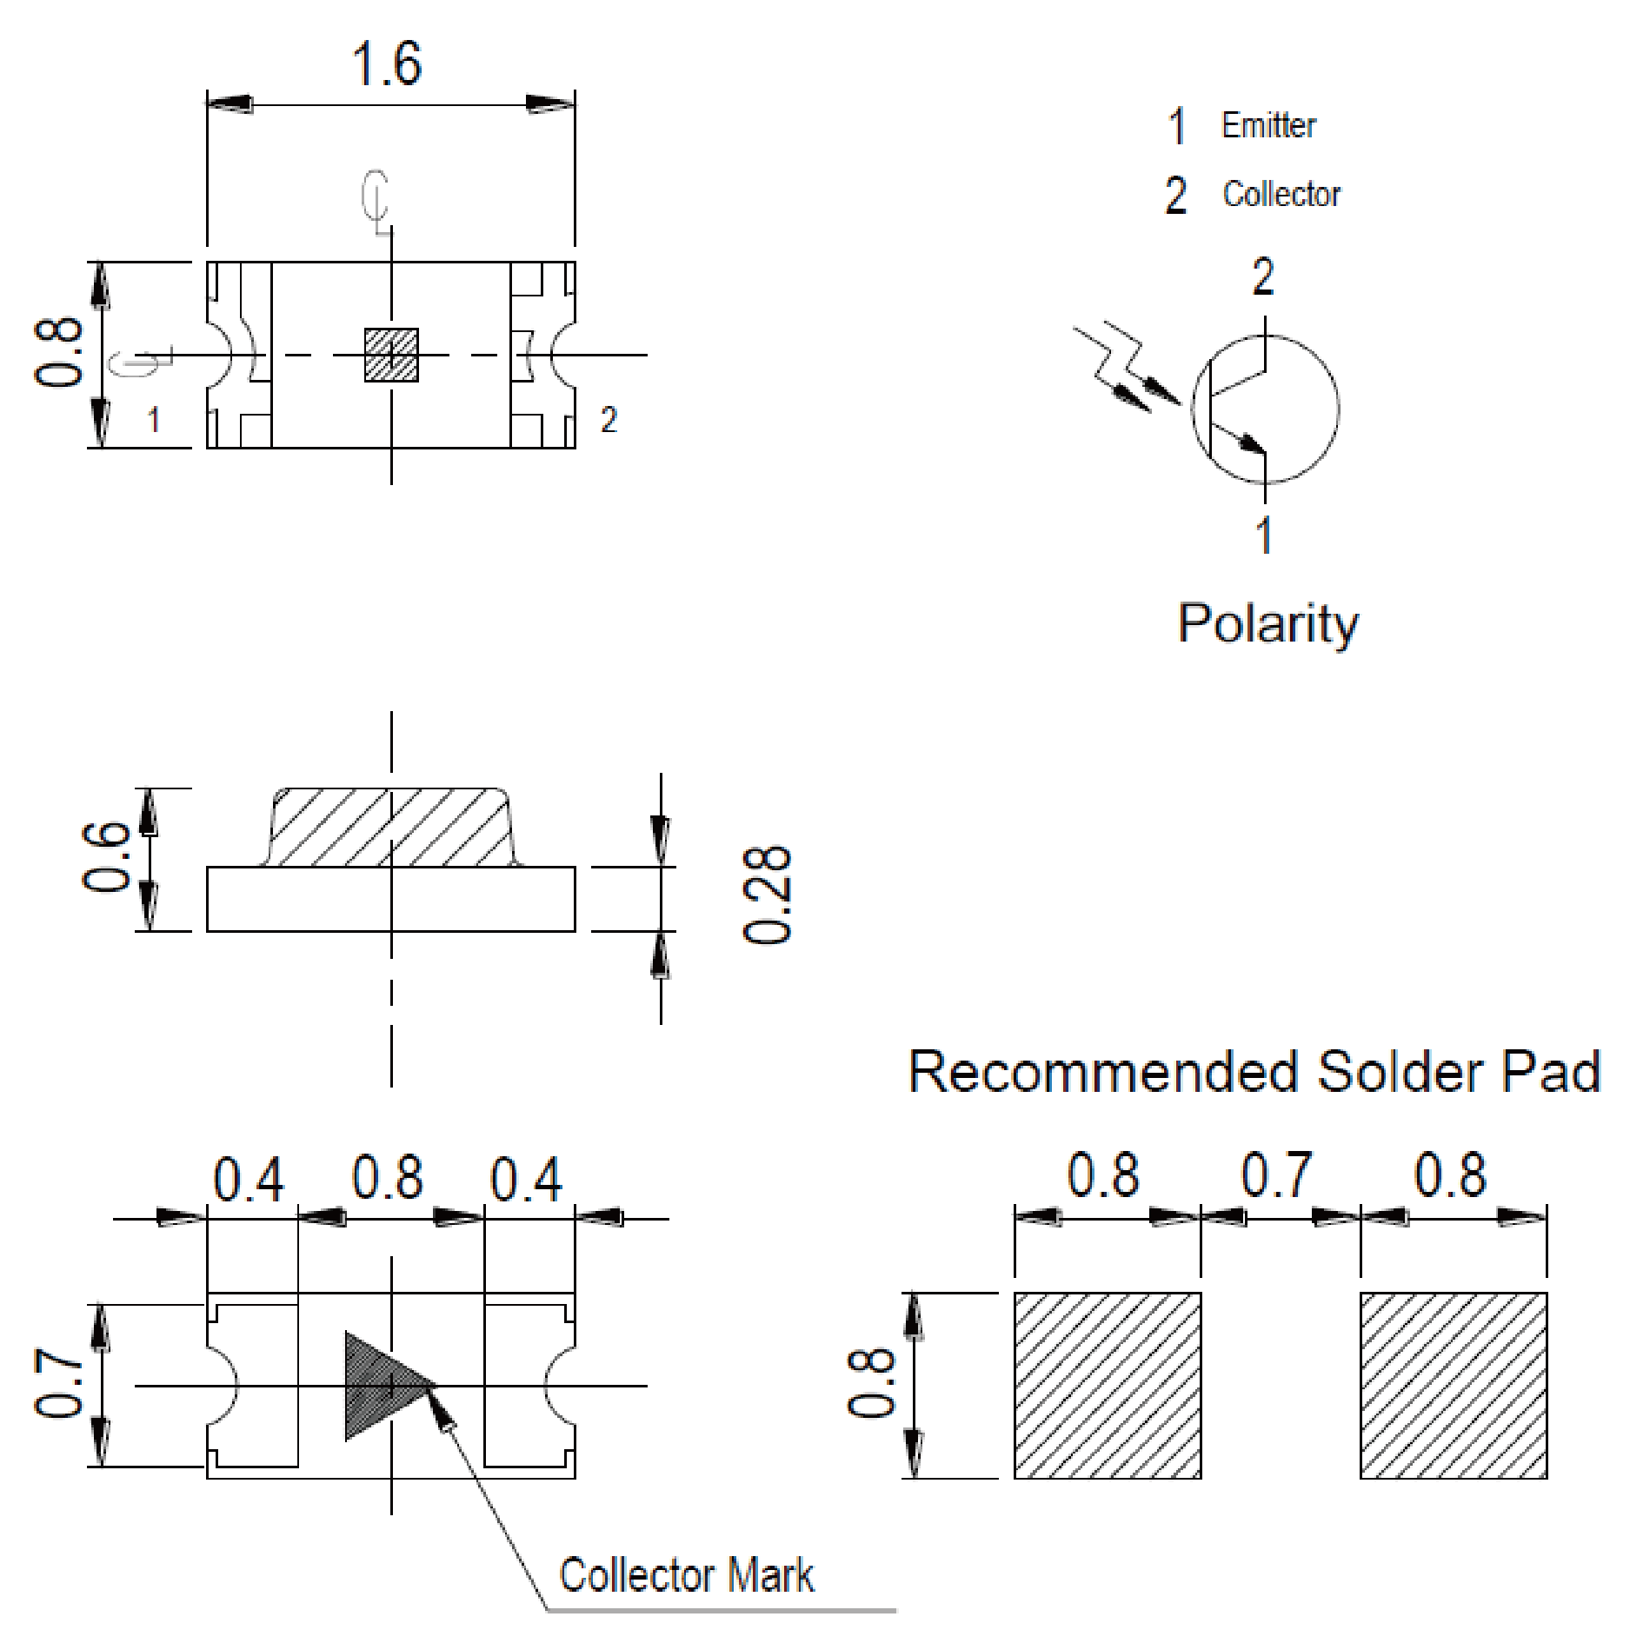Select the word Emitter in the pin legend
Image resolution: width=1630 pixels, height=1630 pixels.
1268,125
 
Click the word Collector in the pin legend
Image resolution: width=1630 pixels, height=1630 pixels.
1281,194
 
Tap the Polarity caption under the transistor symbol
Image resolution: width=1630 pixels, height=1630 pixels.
1267,624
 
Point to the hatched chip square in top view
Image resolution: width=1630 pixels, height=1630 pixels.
391,355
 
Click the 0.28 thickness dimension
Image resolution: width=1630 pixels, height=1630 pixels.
767,895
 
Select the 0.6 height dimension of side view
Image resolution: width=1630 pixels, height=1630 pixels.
107,859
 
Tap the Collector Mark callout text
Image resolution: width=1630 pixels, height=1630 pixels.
686,1575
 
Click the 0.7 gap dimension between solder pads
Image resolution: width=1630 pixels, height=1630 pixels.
1276,1175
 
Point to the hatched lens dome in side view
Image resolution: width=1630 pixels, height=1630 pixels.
391,828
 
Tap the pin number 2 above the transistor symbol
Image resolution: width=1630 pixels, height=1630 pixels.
1263,277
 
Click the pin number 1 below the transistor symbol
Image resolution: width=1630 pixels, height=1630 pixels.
1265,535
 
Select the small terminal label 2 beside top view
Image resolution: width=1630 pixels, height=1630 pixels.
609,421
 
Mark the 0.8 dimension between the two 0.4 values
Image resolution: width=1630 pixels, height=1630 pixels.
388,1179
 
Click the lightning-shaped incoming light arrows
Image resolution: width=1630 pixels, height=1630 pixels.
1121,369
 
